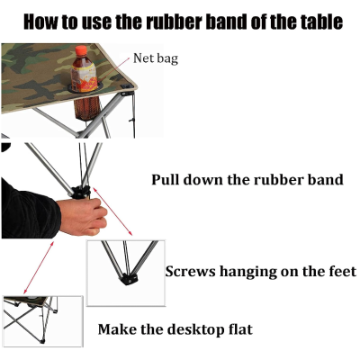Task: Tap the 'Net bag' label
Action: point(156,58)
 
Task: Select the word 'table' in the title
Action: point(322,22)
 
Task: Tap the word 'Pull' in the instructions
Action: point(166,180)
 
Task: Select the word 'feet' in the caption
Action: point(342,271)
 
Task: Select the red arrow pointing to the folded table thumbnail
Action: point(39,267)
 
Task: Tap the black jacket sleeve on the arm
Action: point(29,211)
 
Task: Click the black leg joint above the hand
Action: point(80,192)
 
